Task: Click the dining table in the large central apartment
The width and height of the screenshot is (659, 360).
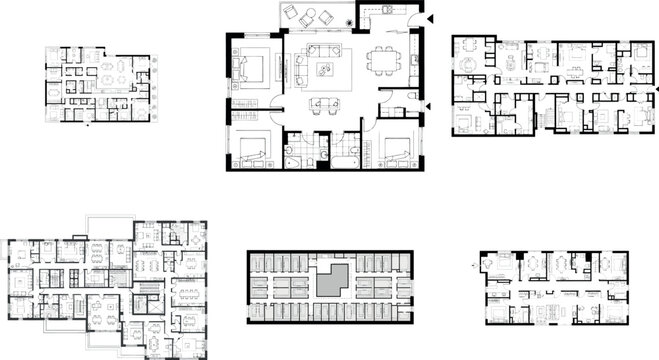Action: point(381,61)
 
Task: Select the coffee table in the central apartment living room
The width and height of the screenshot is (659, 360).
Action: point(325,70)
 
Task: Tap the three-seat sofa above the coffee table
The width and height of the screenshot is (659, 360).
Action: point(323,49)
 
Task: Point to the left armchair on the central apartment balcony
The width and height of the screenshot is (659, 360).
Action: point(290,13)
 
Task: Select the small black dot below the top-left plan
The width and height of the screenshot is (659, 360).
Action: point(92,128)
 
